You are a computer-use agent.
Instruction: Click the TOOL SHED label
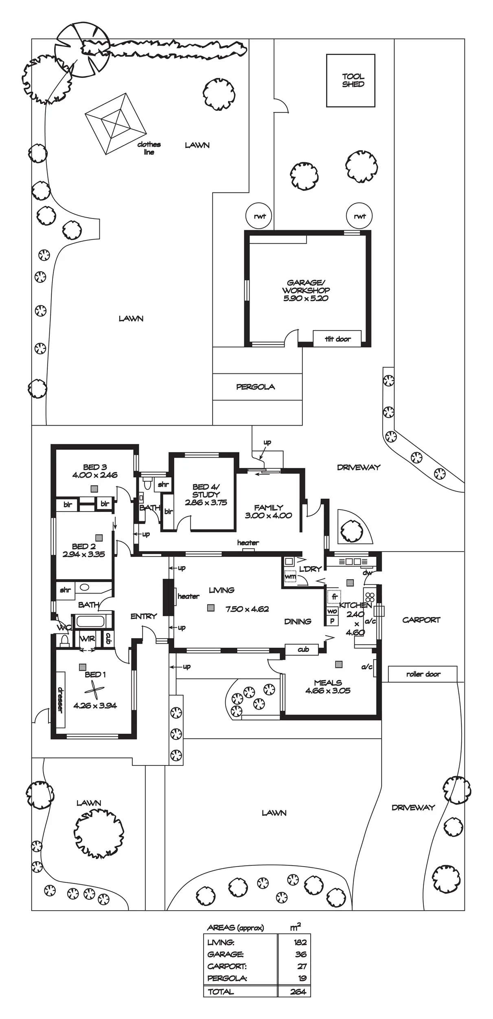[x=353, y=80]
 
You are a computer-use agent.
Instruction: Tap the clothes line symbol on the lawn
[x=116, y=124]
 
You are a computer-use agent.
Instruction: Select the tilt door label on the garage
[x=337, y=339]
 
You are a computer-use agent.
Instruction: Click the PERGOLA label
[x=256, y=387]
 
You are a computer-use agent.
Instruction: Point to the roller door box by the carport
[x=423, y=674]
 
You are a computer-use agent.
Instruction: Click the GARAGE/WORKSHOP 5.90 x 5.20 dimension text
[x=306, y=298]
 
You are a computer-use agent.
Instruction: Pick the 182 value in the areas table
[x=300, y=942]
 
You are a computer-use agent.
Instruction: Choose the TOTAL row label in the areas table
[x=221, y=992]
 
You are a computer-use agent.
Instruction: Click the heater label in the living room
[x=188, y=596]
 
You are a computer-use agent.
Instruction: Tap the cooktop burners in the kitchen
[x=370, y=597]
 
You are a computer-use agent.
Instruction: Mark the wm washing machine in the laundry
[x=290, y=577]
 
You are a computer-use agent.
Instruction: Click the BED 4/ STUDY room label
[x=206, y=494]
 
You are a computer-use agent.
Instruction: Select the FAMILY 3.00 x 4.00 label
[x=268, y=512]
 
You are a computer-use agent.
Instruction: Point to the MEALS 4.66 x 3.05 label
[x=328, y=686]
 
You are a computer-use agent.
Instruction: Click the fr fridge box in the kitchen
[x=334, y=597]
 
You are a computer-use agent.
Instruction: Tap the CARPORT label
[x=421, y=620]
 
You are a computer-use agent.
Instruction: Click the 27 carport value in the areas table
[x=301, y=966]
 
